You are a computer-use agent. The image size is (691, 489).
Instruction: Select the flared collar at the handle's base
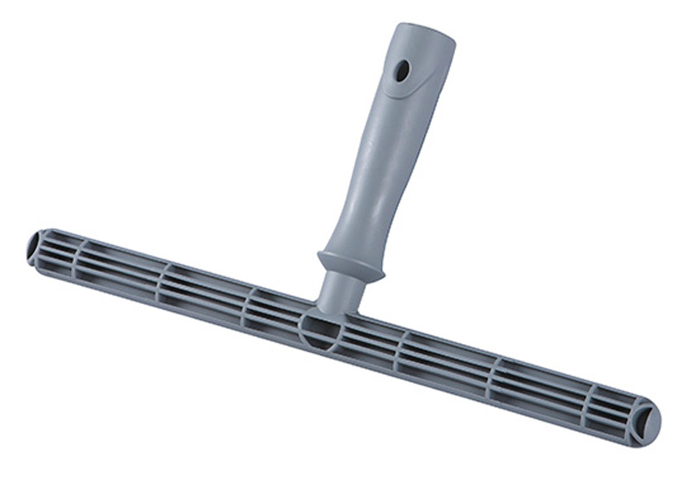click(x=350, y=264)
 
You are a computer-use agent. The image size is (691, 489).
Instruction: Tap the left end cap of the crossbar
click(x=36, y=247)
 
